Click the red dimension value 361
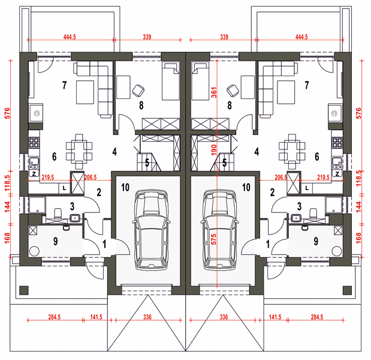[x=214, y=92]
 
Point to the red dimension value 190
[x=214, y=150]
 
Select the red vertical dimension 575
[x=214, y=239]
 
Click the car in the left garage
[x=151, y=230]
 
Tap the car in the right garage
[x=220, y=230]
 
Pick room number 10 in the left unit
[x=125, y=187]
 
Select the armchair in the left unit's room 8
[x=138, y=91]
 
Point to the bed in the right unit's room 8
[x=200, y=81]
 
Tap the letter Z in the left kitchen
[x=34, y=174]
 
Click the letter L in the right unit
[x=307, y=188]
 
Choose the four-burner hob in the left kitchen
[x=34, y=143]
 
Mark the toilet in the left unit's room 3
[x=58, y=213]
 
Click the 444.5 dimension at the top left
[x=70, y=37]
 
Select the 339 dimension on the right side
[x=224, y=37]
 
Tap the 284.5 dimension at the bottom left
[x=55, y=317]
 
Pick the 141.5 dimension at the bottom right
[x=275, y=317]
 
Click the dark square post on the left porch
[x=24, y=290]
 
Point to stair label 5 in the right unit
[x=224, y=163]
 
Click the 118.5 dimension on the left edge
[x=8, y=183]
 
